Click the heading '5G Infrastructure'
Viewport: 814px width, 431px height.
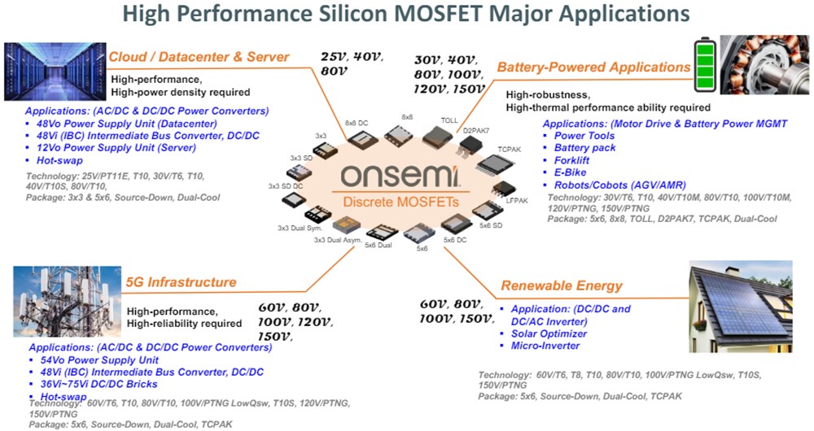pyautogui.click(x=182, y=282)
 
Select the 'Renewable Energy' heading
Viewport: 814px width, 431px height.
pyautogui.click(x=562, y=285)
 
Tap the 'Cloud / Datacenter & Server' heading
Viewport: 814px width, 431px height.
pyautogui.click(x=199, y=57)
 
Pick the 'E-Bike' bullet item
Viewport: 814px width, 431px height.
pyautogui.click(x=571, y=172)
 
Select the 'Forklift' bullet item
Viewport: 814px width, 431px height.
pyautogui.click(x=575, y=160)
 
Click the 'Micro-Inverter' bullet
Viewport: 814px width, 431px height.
pyautogui.click(x=545, y=346)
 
